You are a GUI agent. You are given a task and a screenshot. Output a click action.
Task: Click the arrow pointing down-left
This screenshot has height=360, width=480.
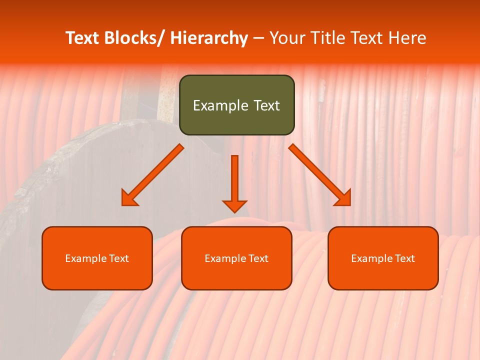point(153,175)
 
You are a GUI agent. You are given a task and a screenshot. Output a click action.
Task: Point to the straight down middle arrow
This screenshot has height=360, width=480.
point(234,180)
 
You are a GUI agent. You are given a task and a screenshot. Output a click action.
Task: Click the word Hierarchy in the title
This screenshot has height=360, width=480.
point(208,38)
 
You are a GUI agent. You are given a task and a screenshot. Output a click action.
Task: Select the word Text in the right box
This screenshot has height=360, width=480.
point(405,258)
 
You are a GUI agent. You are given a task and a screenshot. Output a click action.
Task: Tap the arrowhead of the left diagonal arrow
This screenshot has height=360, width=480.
point(128,198)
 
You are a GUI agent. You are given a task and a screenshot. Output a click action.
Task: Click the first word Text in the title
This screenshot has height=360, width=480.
point(83,38)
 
